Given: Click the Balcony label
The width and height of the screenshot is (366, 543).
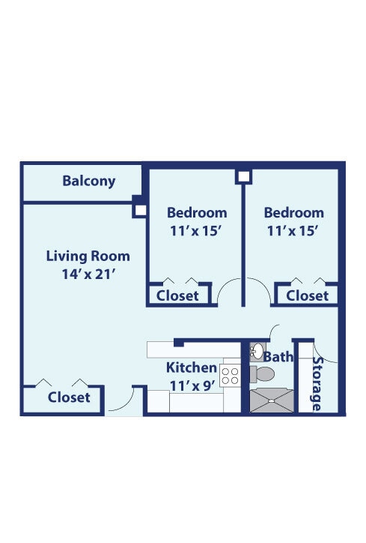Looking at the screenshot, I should (x=89, y=181).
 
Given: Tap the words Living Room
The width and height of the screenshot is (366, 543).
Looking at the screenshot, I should (x=88, y=256).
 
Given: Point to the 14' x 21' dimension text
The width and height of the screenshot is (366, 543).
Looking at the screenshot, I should (x=88, y=274).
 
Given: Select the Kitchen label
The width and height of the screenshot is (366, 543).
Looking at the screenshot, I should (x=192, y=368).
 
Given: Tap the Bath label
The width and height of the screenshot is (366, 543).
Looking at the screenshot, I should (x=278, y=357).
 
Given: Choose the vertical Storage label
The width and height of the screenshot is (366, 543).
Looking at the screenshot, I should (x=317, y=383).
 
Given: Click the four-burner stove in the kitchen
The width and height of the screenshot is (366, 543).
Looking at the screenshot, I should (x=230, y=375).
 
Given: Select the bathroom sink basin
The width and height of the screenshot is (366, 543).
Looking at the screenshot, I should (x=256, y=351).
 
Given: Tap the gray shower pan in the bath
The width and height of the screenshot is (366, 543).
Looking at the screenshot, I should (x=272, y=399).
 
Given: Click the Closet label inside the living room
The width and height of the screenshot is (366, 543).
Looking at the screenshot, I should (x=69, y=397).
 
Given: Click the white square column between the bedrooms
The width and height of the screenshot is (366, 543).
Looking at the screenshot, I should (x=243, y=177).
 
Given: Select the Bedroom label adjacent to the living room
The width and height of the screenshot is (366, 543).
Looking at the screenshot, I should (x=197, y=212).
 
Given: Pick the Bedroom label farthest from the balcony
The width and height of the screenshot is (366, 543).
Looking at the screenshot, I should (x=294, y=212).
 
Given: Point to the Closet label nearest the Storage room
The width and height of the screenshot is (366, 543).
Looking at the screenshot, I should (x=307, y=295).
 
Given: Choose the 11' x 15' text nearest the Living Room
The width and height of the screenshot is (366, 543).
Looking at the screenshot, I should (x=197, y=231).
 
